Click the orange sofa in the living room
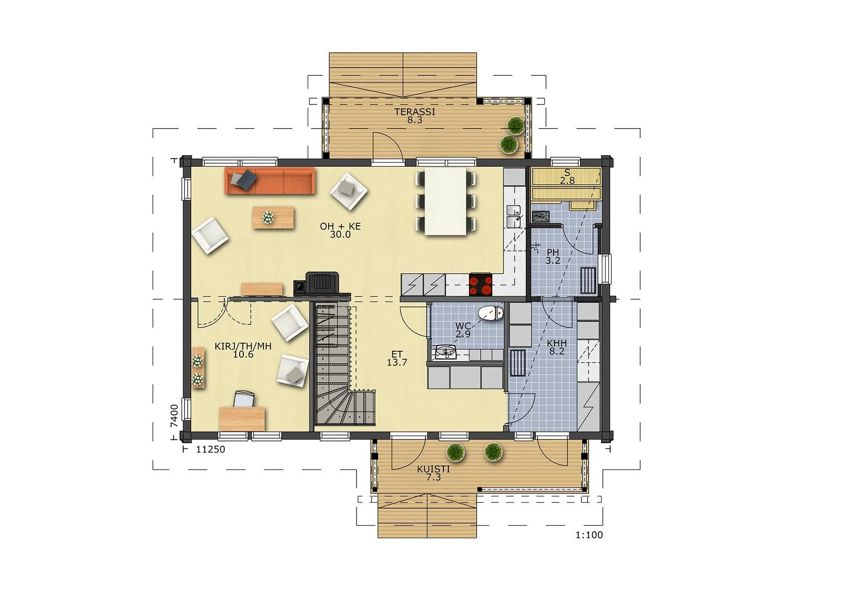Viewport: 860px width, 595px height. pos(270,181)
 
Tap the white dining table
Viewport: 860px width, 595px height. pos(446,201)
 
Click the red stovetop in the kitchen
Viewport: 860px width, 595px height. pos(481,285)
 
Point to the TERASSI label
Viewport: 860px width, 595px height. pos(415,112)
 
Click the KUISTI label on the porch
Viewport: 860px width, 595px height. pos(433,469)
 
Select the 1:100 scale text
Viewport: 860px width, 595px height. pos(589,535)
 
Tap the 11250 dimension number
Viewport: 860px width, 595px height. pos(211,449)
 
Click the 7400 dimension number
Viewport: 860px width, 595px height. pos(174,416)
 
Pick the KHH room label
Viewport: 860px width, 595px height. pos(557,343)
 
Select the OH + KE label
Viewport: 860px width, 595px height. pos(340,226)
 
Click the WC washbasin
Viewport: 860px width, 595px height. pos(446,352)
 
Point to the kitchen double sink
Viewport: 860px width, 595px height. pos(513,216)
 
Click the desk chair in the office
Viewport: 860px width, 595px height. pos(244,399)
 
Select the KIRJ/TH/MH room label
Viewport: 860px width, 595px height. pos(243,346)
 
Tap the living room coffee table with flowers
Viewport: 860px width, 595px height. pos(273,217)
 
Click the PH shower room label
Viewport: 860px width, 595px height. pos(553,253)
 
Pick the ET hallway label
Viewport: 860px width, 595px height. pos(397,354)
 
